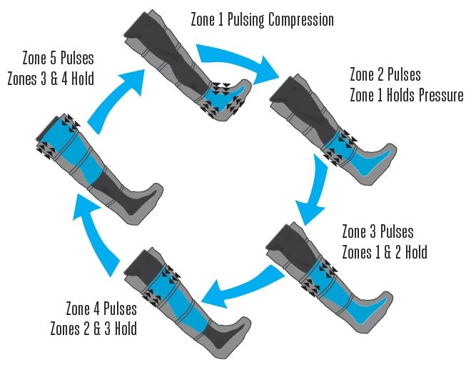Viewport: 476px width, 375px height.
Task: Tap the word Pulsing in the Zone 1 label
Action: pos(246,20)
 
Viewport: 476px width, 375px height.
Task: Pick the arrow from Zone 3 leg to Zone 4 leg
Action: pos(240,289)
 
